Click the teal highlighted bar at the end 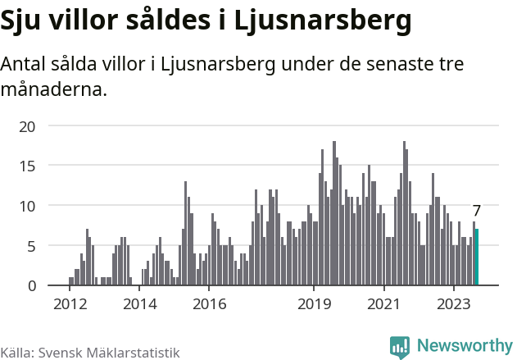tap(477, 257)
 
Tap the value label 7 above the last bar tap(477, 211)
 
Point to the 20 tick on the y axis tap(28, 126)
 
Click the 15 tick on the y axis tap(28, 166)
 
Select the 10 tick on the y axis tap(28, 206)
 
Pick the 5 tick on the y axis tap(32, 246)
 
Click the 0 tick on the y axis tap(32, 285)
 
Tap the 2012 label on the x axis tap(70, 304)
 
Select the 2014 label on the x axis tap(139, 304)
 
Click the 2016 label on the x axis tap(209, 304)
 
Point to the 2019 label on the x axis tap(314, 304)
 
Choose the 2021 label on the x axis tap(383, 304)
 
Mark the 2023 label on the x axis tap(453, 304)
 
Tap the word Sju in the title tap(22, 22)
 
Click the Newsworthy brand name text tap(464, 345)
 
